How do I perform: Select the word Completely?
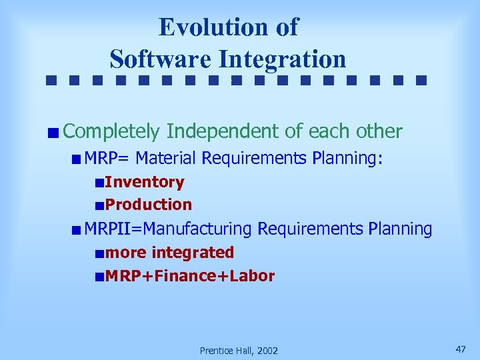tap(112, 132)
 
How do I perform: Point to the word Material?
tap(165, 159)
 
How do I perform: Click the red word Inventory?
tap(144, 182)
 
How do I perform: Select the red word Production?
tap(148, 205)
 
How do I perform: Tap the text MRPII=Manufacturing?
tap(168, 229)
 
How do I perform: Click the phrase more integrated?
tap(169, 253)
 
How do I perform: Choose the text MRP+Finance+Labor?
tap(189, 276)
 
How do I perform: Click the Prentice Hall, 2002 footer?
tap(239, 351)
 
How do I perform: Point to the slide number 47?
tap(460, 349)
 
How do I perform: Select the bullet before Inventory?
tap(99, 183)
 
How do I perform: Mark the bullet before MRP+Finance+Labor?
tap(99, 277)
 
